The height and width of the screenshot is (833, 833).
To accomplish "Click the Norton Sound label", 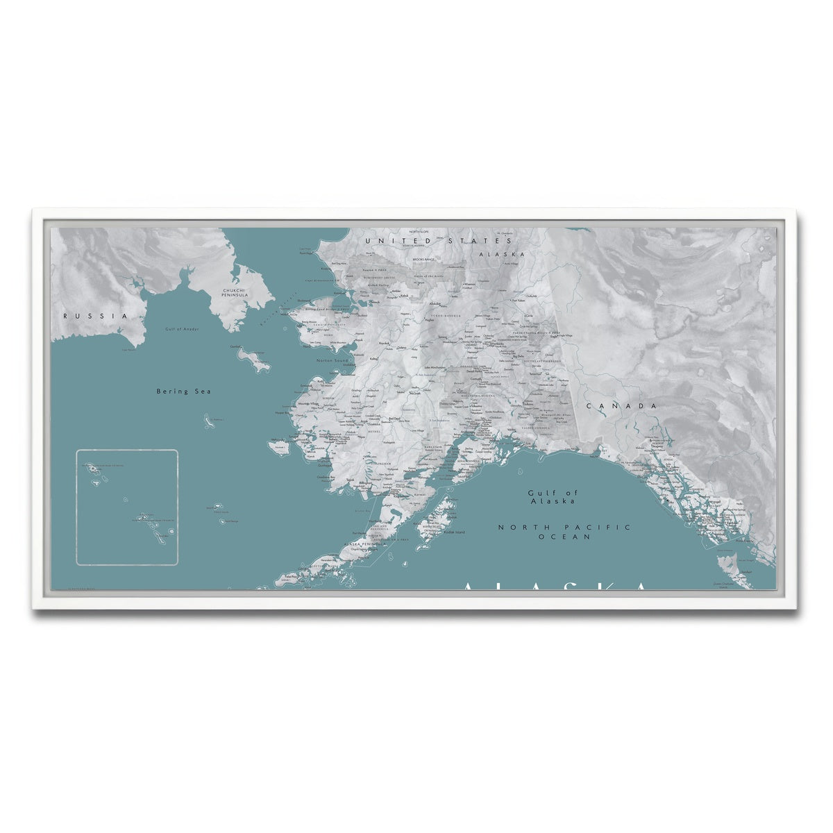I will [x=332, y=361].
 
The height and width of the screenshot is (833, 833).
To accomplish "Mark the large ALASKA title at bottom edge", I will [x=555, y=587].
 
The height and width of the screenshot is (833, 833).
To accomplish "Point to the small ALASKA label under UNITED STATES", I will [x=501, y=254].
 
